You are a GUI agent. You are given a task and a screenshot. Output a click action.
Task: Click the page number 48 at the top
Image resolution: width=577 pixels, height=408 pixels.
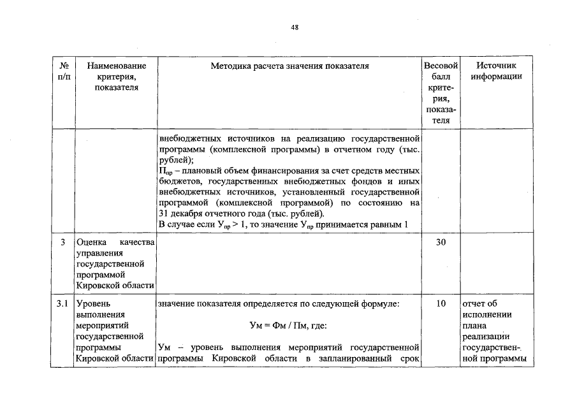[295, 27]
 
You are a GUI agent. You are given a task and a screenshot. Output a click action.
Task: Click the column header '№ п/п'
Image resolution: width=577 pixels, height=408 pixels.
[64, 71]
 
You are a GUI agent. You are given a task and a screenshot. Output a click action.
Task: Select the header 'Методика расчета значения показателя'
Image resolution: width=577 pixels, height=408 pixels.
[289, 66]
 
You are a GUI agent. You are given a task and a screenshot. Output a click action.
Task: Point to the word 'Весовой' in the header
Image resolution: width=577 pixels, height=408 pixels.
[441, 66]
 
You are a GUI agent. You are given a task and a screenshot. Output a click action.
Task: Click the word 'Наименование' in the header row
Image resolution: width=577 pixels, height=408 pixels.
[117, 66]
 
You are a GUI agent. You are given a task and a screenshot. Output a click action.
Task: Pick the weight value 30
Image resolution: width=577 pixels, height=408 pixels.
[441, 243]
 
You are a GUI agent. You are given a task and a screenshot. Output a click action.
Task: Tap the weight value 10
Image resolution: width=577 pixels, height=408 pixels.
[441, 304]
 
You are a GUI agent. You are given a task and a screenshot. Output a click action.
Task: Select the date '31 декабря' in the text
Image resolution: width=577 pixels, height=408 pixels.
[180, 213]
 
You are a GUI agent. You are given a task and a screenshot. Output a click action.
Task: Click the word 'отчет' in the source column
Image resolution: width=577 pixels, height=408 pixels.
[474, 304]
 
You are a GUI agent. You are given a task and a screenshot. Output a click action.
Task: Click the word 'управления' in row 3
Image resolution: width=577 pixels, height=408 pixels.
[96, 253]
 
